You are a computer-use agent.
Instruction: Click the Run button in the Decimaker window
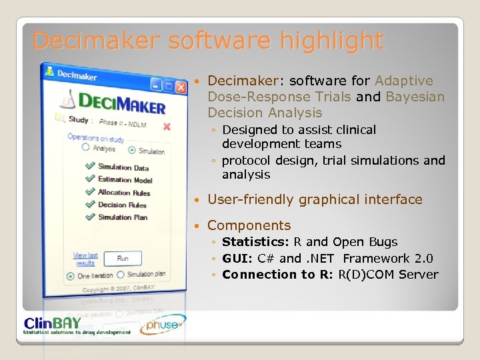coord(123,259)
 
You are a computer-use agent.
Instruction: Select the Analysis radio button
coord(85,148)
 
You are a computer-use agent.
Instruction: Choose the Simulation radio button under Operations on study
coord(132,151)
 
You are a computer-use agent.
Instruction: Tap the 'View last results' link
coord(85,259)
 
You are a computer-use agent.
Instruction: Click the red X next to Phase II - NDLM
coord(167,126)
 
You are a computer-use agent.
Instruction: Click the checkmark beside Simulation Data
coord(90,167)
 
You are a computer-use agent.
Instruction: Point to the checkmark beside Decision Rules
coord(90,204)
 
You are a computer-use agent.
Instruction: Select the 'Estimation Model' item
coord(125,180)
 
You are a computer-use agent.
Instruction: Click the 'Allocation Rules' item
coord(124,193)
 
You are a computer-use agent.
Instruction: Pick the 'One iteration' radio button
coord(71,275)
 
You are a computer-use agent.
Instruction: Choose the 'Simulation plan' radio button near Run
coord(121,275)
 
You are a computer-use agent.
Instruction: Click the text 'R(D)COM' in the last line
coord(366,274)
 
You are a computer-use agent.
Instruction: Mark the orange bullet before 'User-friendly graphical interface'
coord(199,200)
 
